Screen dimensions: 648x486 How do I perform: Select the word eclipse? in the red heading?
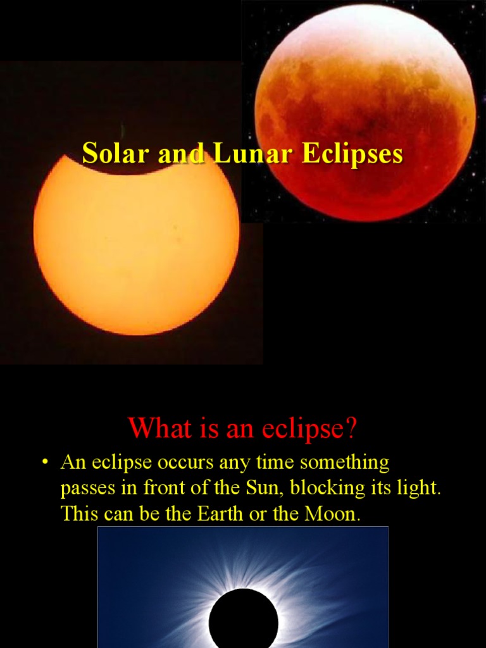(x=313, y=429)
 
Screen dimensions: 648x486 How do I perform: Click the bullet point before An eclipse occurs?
(x=44, y=463)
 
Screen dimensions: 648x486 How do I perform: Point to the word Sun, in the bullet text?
(x=259, y=489)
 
